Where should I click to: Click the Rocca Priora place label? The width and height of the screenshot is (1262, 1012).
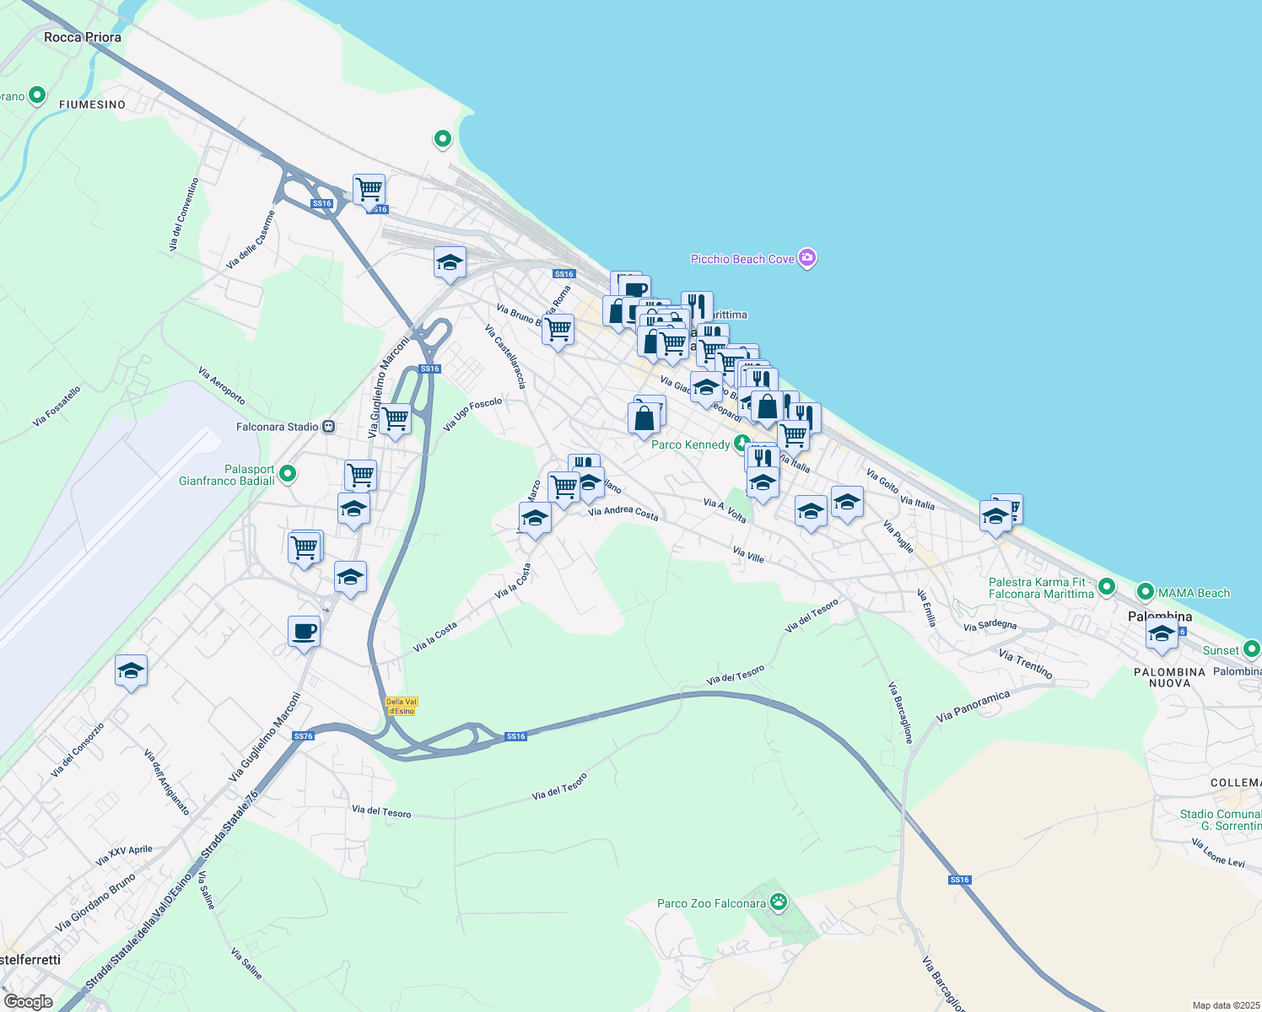tap(82, 37)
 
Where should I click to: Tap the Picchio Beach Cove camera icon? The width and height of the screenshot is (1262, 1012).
tap(807, 258)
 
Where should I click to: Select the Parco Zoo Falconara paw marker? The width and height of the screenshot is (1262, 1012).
tap(778, 903)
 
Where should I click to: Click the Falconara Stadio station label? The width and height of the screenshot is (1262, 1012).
tap(278, 427)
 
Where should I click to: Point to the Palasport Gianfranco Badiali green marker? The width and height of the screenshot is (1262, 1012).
tap(288, 474)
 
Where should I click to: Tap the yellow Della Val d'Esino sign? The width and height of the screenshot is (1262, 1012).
tap(401, 706)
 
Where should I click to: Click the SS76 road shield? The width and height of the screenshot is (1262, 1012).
tap(304, 736)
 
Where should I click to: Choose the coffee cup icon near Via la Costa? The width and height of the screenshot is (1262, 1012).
tap(304, 631)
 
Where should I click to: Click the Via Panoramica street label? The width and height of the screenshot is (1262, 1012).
tap(973, 707)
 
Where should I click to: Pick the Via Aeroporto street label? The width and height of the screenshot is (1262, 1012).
tap(221, 385)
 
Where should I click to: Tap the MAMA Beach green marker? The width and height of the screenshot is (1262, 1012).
tap(1145, 592)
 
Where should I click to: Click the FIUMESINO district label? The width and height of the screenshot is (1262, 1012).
tap(92, 105)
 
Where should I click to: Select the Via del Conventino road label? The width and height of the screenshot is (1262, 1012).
tap(183, 214)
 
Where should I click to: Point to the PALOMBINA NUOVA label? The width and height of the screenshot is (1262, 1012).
tap(1169, 677)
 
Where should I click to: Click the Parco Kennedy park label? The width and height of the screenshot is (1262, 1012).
tap(691, 444)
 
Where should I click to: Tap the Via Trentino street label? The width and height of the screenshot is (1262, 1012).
tap(1025, 664)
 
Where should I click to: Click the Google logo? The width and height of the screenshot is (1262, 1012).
tap(28, 1002)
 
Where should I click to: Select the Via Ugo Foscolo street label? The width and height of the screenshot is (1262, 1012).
tap(472, 413)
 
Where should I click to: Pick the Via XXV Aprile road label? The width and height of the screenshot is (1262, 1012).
tap(124, 855)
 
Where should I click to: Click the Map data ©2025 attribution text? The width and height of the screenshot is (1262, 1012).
tap(1224, 1005)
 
